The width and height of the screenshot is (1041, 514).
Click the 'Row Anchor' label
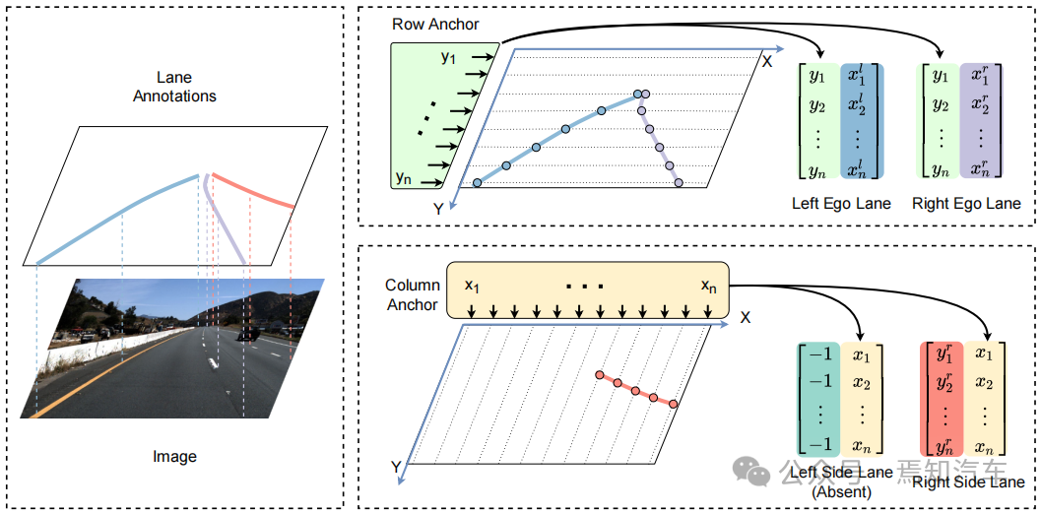click(435, 24)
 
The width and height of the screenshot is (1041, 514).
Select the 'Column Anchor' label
click(412, 294)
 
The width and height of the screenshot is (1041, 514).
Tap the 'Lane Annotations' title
click(174, 87)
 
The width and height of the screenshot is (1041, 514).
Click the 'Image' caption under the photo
click(174, 456)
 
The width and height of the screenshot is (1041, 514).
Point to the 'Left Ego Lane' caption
click(841, 204)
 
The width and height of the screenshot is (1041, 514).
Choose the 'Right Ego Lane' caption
click(966, 204)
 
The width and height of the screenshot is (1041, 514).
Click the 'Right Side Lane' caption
click(968, 482)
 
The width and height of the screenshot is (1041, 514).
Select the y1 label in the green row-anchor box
click(449, 58)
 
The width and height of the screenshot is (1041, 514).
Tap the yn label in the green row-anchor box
click(403, 177)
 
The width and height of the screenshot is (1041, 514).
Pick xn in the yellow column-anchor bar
click(708, 286)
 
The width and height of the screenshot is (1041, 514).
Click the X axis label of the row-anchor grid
click(766, 61)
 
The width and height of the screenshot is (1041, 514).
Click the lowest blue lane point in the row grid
click(478, 182)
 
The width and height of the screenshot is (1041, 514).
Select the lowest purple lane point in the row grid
click(679, 182)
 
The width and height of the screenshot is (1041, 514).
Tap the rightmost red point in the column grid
click(674, 404)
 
